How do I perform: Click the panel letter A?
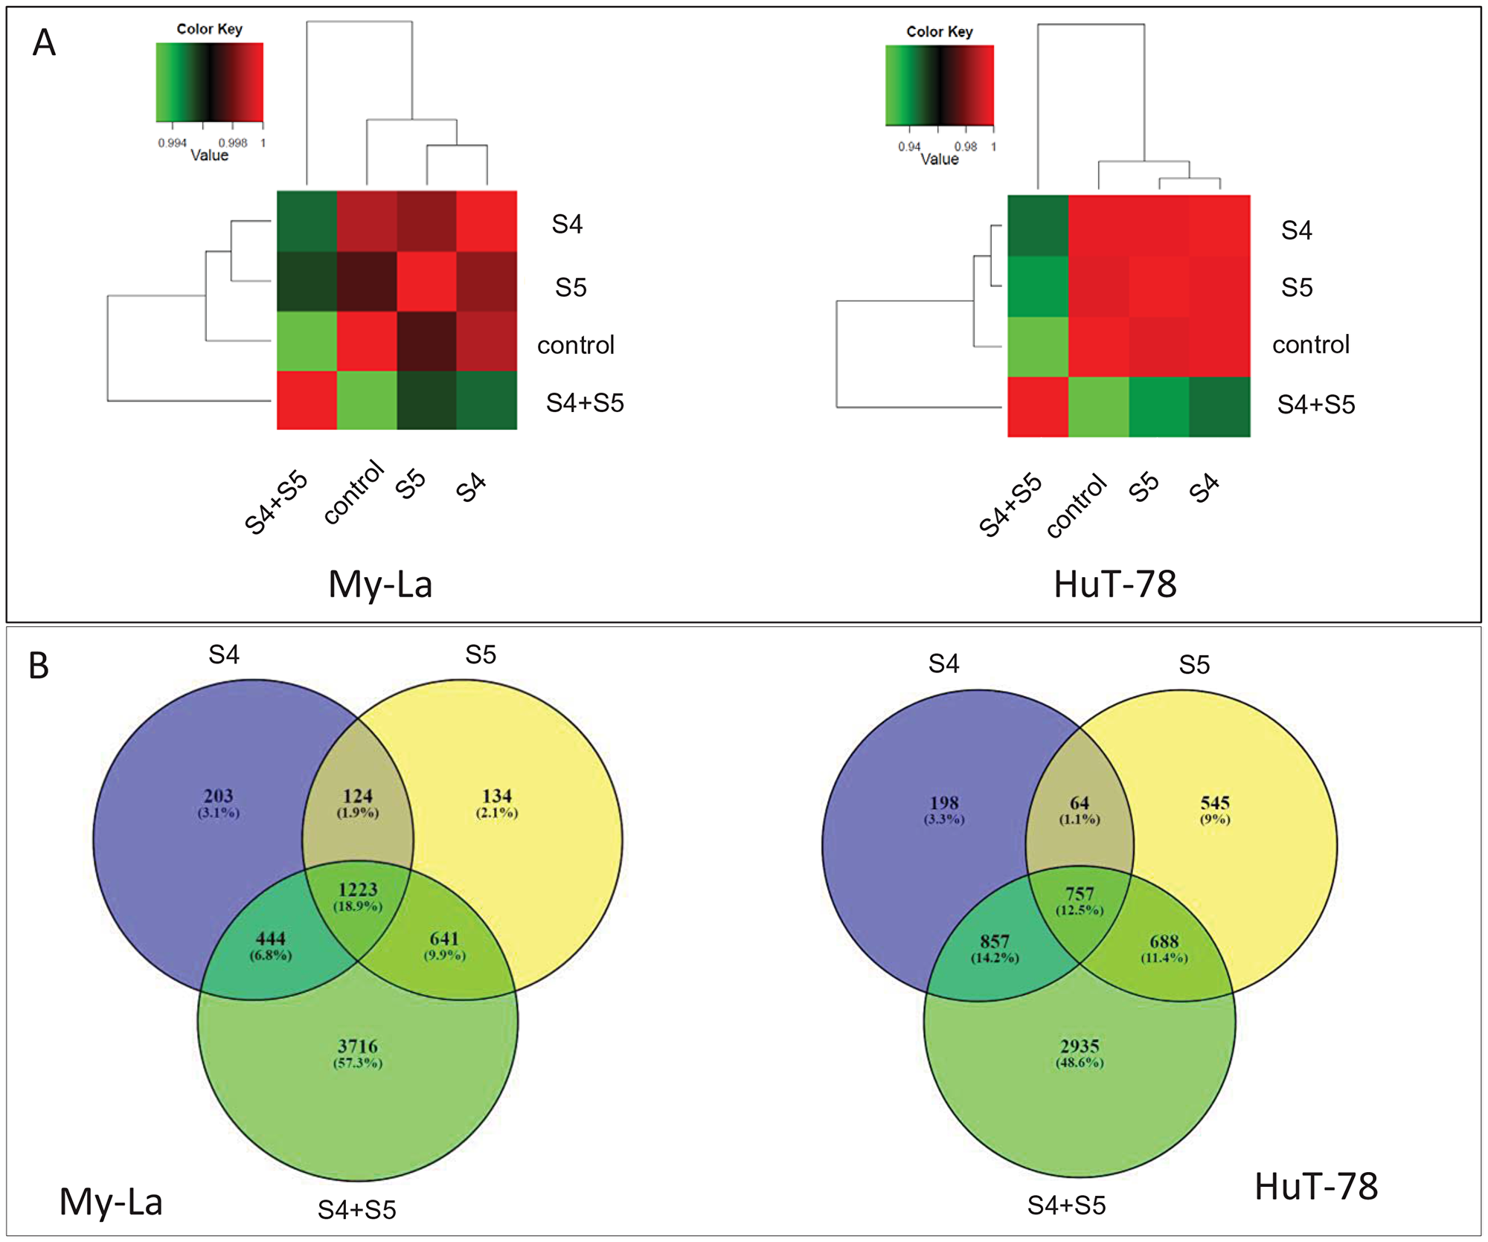click(44, 43)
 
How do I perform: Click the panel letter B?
click(39, 666)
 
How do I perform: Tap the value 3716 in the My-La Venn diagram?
click(358, 1046)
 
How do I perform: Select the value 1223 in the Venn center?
click(358, 889)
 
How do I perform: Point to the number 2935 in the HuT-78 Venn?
click(1080, 1046)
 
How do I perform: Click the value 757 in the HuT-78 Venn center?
click(1080, 894)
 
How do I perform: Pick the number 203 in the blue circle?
click(219, 796)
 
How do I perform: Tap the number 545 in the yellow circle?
click(1215, 802)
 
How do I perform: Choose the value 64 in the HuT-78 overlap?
click(1080, 802)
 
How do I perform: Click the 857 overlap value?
click(995, 942)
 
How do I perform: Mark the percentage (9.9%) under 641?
click(445, 955)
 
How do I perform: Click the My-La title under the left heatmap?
click(380, 585)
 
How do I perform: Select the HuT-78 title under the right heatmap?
click(1115, 585)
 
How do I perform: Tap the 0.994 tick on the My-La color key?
click(172, 143)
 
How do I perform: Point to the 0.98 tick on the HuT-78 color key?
click(966, 147)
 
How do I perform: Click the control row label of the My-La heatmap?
click(576, 345)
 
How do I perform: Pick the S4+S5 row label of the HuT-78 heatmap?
click(1316, 405)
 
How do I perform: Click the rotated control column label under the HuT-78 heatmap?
click(1077, 506)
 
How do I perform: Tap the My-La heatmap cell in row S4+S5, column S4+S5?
click(307, 400)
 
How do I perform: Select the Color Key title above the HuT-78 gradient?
click(939, 31)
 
